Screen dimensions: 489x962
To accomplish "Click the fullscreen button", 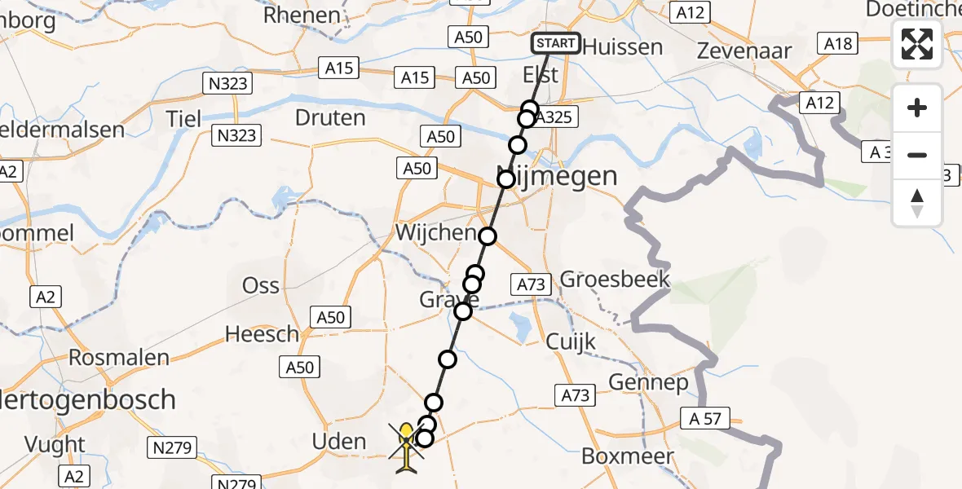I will pos(917,44).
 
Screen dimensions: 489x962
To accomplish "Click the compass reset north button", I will pos(917,203).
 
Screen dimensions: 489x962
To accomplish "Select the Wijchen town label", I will pos(435,233).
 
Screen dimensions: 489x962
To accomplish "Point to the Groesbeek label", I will pos(615,280).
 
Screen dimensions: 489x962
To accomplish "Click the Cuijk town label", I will pos(571,341).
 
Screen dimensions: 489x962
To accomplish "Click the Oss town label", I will pos(261,286).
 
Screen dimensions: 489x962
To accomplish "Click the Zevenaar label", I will pos(745,51).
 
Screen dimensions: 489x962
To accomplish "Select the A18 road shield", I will pos(839,44).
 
